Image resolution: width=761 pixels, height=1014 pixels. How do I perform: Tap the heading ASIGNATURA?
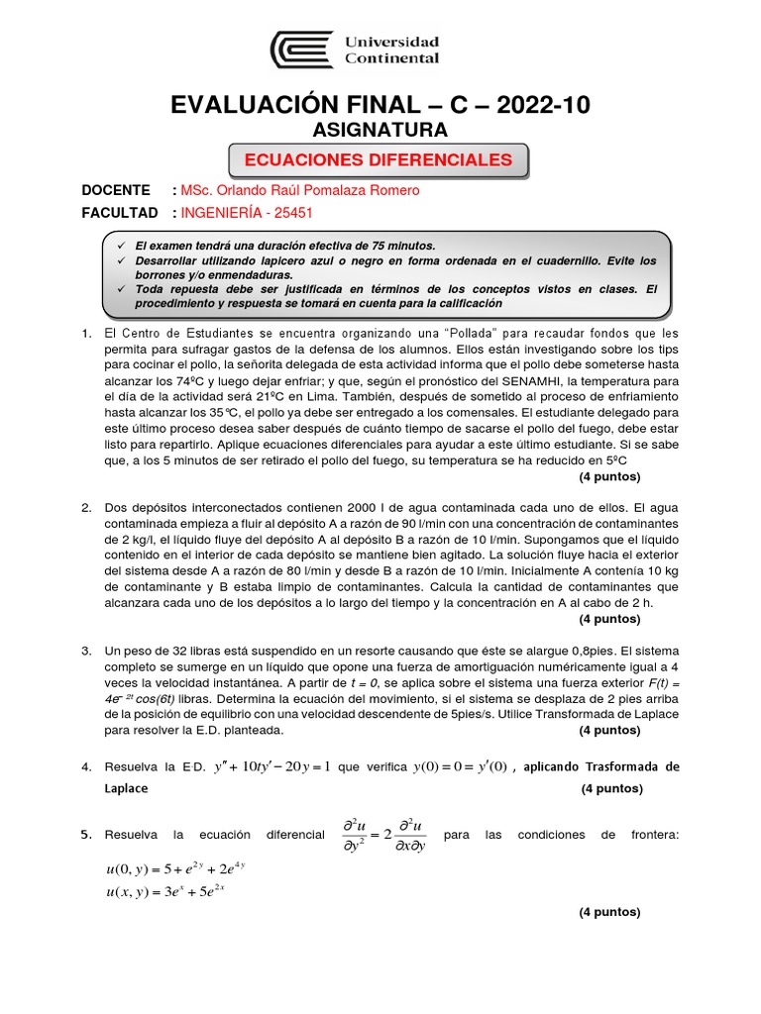380,130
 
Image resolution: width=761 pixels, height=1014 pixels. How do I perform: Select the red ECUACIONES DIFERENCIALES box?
379,159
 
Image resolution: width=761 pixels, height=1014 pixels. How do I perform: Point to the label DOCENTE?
116,190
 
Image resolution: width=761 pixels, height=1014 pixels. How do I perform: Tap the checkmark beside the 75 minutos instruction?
121,245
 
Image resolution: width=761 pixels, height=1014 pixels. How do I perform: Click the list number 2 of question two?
86,507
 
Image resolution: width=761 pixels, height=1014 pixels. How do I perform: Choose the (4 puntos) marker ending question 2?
609,619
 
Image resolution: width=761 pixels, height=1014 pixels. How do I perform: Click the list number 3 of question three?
86,651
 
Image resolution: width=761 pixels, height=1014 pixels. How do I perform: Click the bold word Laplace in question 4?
126,788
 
